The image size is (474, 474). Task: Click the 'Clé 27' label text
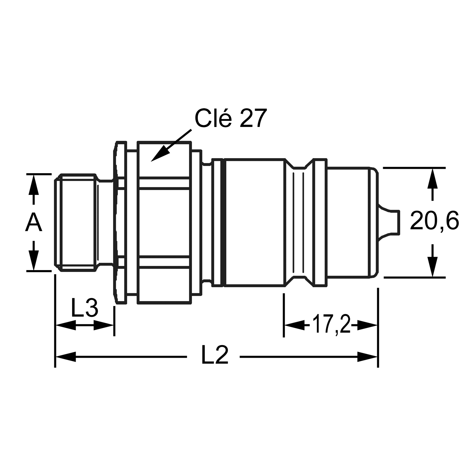pos(231,118)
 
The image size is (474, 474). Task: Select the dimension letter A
pos(34,223)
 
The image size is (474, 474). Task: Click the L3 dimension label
pos(85,308)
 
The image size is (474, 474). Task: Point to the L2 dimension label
pos(215,355)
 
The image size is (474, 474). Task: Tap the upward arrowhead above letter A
pos(34,184)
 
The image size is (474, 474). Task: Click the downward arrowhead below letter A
pos(34,260)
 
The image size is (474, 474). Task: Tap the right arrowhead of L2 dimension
pos(367,357)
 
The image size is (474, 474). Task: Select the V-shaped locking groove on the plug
pos(299,222)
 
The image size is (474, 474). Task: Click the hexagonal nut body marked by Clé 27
pos(164,222)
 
